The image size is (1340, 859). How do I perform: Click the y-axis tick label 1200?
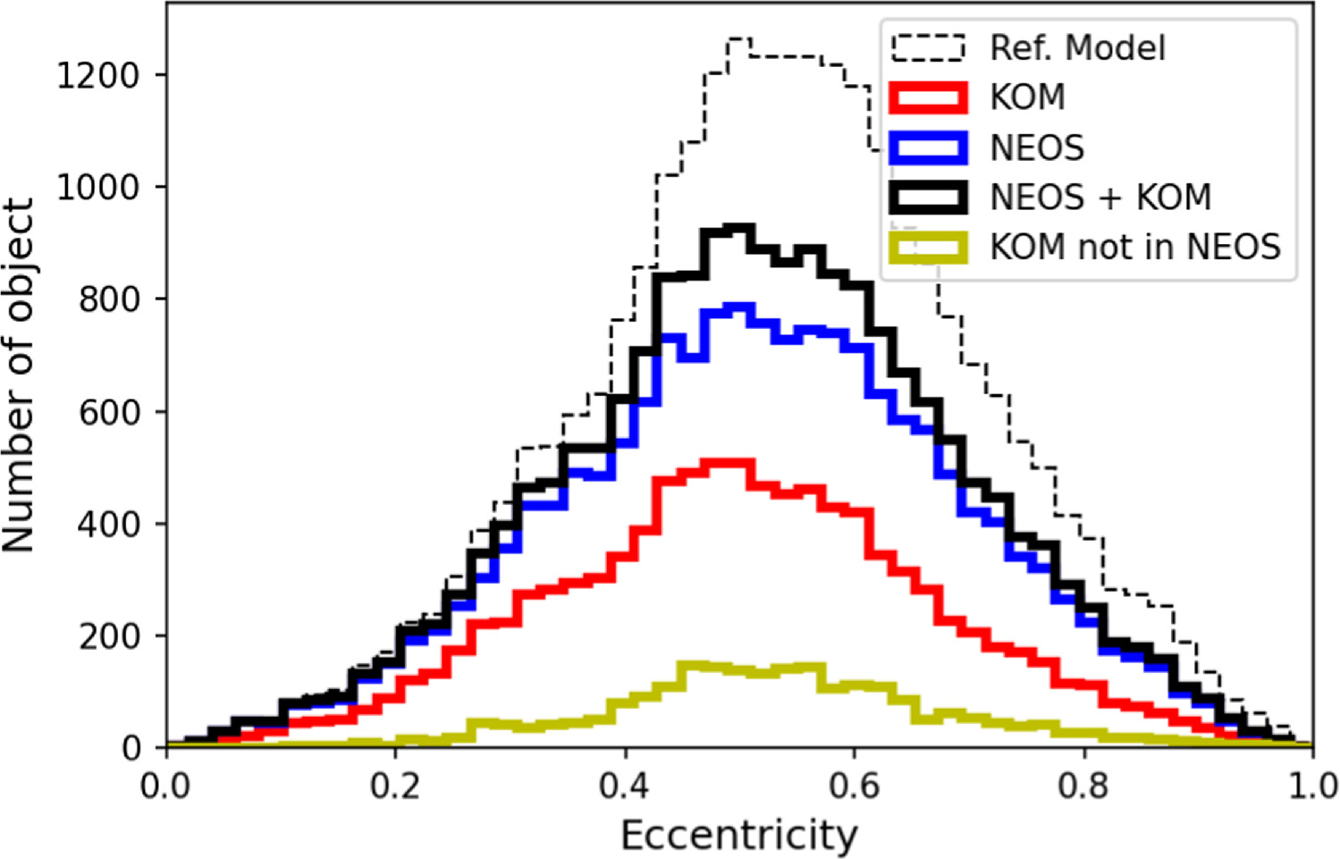point(98,75)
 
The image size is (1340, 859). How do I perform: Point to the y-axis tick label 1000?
point(98,188)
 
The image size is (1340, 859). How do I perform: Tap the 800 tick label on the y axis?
point(110,299)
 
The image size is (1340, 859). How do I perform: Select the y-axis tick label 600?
point(110,412)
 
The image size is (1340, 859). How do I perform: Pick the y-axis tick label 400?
point(110,524)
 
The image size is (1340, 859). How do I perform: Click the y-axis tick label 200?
point(110,636)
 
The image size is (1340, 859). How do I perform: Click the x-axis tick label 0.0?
point(166,787)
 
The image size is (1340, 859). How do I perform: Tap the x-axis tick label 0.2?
point(395,787)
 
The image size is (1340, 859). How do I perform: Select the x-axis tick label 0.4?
point(625,787)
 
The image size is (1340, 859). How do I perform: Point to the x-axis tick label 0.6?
point(854,787)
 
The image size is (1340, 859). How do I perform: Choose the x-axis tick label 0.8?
point(1083,787)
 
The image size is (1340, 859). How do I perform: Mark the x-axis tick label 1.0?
point(1311,787)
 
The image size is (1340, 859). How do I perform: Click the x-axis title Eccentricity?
point(738,837)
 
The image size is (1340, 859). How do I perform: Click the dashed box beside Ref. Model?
point(928,47)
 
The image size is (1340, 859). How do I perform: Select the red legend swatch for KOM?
point(928,97)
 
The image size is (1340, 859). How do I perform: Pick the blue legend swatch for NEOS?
point(928,147)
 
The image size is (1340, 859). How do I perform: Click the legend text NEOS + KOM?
point(1100,198)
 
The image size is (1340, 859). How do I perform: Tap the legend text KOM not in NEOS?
point(1135,247)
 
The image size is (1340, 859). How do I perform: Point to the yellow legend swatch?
point(928,247)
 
